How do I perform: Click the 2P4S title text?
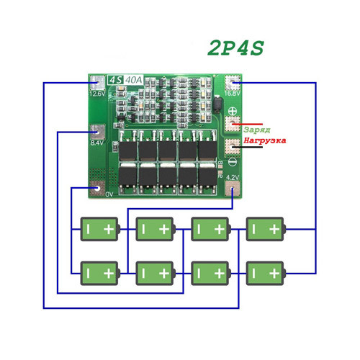click(x=235, y=48)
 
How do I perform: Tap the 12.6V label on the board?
click(x=97, y=94)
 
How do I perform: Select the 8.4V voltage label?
click(x=97, y=143)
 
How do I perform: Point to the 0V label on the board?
click(x=108, y=194)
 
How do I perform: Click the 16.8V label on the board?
click(x=232, y=92)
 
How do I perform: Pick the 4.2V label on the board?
click(x=233, y=176)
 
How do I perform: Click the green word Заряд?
click(x=256, y=128)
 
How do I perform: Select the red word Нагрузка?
click(x=265, y=140)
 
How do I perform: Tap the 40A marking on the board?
click(x=134, y=80)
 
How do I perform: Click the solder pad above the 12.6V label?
click(x=96, y=82)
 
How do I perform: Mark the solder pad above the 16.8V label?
click(x=232, y=81)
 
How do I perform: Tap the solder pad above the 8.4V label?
click(x=97, y=131)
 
